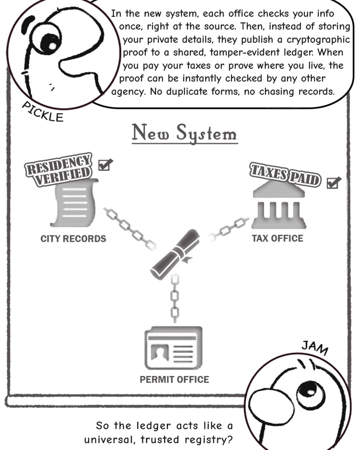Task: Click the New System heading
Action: pos(185,133)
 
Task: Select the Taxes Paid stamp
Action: pos(285,175)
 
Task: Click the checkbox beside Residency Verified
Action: pos(105,165)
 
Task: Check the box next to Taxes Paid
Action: pos(333,183)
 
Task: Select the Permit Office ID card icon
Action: pos(173,348)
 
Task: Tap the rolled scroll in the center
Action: pos(175,254)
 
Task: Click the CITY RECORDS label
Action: pos(73,239)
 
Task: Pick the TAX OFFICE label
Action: pos(277,238)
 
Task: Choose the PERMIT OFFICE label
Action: pos(174,380)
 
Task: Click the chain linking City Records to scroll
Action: pos(130,229)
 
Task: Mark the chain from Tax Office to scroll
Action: pos(228,229)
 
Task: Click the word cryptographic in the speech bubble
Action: pos(318,40)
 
